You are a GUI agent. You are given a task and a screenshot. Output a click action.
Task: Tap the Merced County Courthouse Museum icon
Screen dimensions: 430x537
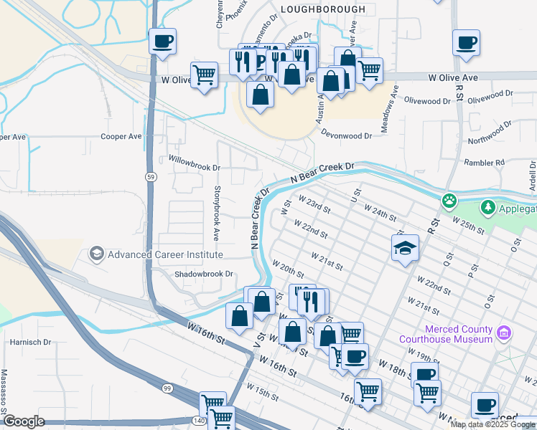[504, 333]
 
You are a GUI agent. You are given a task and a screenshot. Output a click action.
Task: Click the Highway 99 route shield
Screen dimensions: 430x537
[167, 388]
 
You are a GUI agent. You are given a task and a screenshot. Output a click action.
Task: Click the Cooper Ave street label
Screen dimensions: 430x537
[121, 136]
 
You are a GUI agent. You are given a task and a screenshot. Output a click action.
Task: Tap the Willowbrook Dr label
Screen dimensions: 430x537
[195, 162]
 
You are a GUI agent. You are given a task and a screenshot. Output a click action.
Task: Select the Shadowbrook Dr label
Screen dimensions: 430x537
[205, 274]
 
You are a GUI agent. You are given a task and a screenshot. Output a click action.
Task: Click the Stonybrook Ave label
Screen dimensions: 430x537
[216, 213]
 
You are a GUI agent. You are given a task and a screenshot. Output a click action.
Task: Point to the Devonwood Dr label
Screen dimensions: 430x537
[347, 135]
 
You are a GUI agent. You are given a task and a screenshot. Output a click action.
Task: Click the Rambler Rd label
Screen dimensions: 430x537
[485, 163]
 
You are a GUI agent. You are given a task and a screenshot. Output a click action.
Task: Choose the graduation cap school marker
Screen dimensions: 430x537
[405, 248]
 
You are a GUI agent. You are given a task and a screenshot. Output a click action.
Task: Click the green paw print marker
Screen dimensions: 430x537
[449, 200]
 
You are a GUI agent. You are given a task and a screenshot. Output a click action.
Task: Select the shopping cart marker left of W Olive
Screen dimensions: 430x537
[205, 74]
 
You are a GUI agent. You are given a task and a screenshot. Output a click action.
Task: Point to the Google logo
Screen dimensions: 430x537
[24, 421]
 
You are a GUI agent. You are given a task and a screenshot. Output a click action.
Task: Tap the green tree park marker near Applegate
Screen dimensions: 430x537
[488, 207]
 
